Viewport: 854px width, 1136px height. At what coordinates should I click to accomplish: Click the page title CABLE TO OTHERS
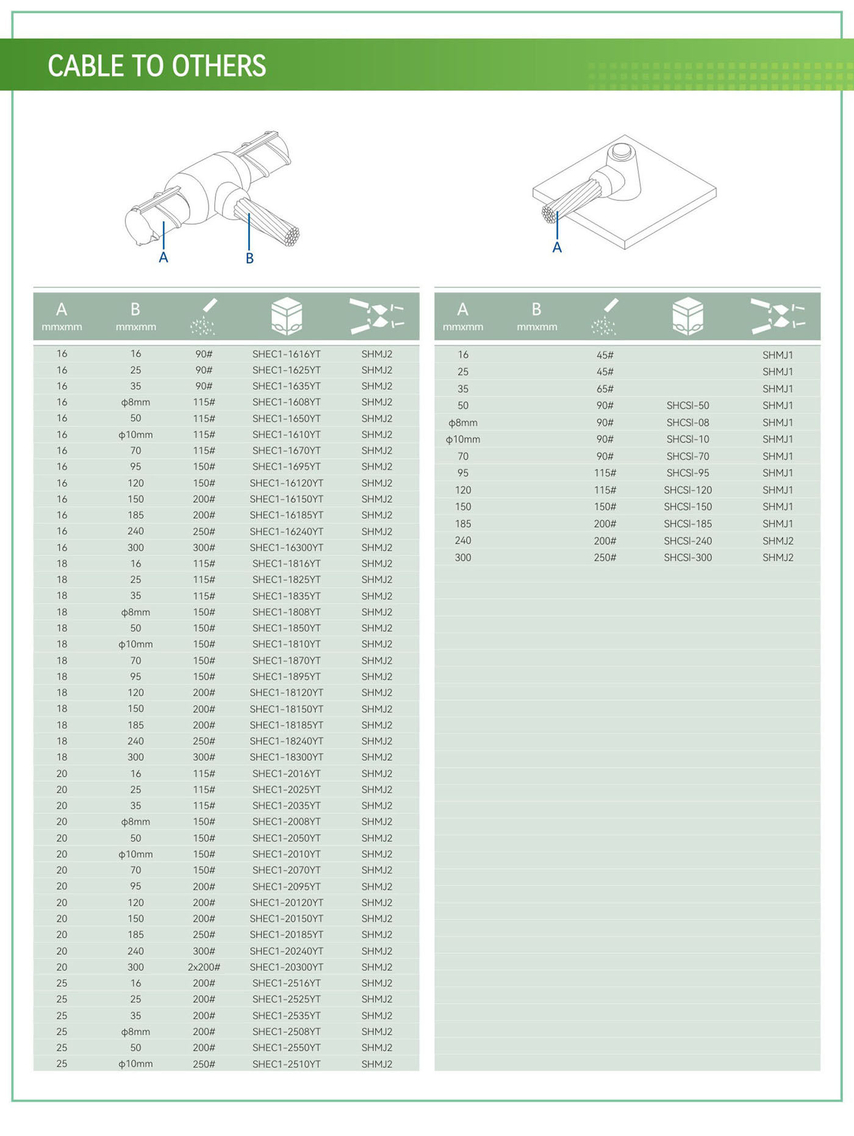click(157, 66)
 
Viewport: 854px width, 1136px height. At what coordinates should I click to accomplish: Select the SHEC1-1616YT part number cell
click(286, 354)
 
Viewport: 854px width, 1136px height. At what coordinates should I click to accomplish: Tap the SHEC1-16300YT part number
click(286, 548)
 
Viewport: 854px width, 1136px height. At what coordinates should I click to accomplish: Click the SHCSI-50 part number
click(687, 406)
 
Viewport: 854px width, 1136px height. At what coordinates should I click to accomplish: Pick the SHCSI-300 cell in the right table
click(687, 558)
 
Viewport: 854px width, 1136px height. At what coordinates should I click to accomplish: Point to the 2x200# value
click(204, 967)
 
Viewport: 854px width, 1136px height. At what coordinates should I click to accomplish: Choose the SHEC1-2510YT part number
click(286, 1064)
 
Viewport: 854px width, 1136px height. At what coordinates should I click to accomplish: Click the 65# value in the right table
click(605, 389)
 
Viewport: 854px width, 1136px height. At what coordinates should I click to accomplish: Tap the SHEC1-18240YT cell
click(286, 741)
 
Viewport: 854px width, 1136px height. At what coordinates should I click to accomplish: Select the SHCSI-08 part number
click(687, 422)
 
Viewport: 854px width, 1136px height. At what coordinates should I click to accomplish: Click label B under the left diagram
click(249, 258)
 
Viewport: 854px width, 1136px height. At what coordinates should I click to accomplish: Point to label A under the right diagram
click(557, 247)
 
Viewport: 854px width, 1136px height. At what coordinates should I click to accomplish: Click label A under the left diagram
click(163, 257)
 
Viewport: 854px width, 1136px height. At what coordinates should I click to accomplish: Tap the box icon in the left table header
click(286, 316)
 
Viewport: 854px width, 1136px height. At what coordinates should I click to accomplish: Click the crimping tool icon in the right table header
click(777, 316)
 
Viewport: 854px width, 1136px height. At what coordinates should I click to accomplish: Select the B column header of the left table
click(135, 316)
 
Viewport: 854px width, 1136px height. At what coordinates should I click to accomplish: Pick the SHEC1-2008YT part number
click(286, 822)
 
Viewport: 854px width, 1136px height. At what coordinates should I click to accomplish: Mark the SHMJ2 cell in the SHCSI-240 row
click(778, 541)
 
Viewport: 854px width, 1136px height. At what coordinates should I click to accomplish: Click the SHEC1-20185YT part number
click(286, 935)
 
